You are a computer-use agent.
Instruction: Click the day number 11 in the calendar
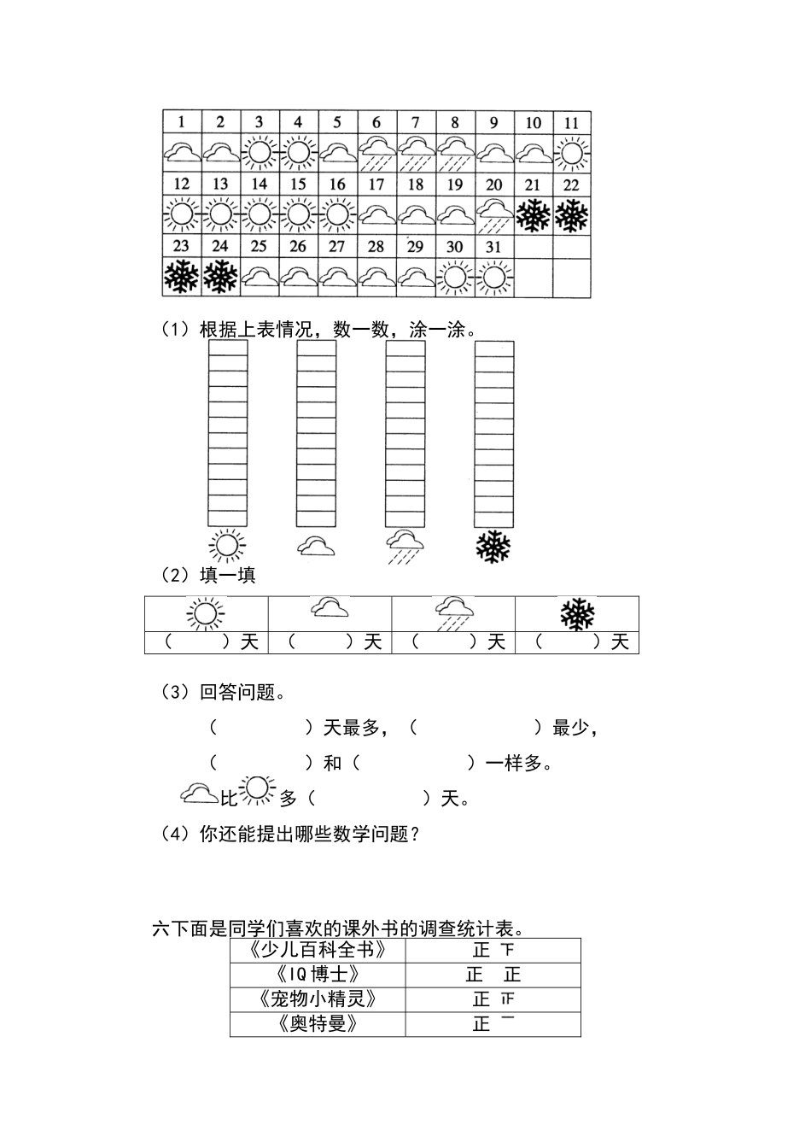click(571, 122)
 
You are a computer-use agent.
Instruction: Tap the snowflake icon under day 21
click(533, 214)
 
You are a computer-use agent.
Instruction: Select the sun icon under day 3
click(260, 153)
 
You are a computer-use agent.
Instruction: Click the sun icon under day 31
click(494, 276)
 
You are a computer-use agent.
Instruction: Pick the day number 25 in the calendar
click(260, 246)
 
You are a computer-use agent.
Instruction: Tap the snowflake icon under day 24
click(220, 276)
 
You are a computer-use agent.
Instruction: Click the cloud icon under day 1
click(182, 153)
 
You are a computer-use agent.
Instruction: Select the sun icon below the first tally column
click(227, 545)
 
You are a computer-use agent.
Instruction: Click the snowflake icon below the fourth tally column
click(493, 547)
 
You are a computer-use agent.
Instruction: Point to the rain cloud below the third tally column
click(405, 545)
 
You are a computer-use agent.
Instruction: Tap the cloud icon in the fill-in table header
click(330, 608)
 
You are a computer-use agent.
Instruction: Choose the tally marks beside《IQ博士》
click(493, 975)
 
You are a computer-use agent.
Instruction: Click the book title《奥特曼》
click(318, 1023)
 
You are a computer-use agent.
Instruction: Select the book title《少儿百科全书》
click(318, 950)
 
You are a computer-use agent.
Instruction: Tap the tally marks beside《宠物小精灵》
click(493, 999)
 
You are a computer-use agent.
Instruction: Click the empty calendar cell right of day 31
click(533, 277)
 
